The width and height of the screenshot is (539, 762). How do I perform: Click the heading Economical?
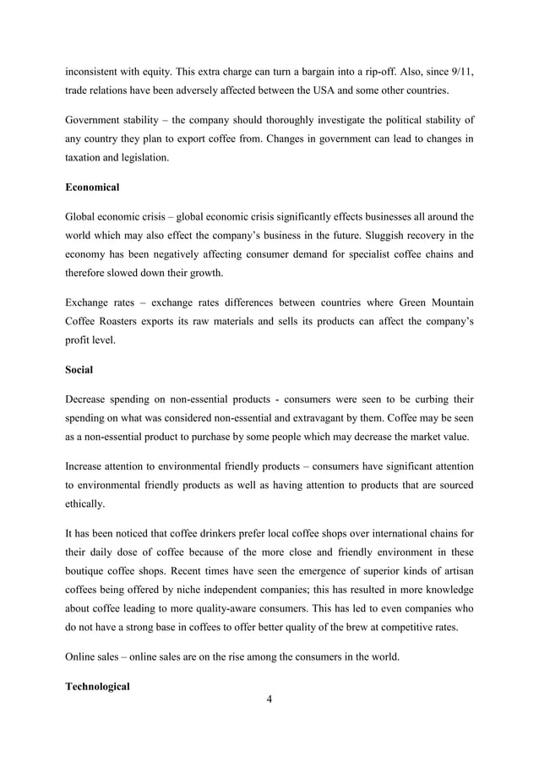click(92, 186)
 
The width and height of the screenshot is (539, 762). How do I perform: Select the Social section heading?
click(79, 369)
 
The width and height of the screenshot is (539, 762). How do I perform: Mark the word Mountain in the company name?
click(445, 301)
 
